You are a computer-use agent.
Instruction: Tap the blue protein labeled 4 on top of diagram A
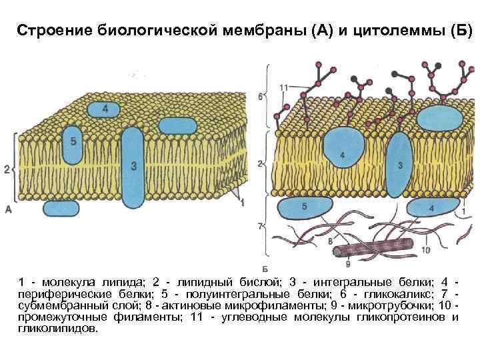106,109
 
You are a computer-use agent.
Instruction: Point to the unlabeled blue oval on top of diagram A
177,125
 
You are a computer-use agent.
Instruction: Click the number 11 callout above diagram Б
284,88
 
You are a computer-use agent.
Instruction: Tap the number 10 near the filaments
425,250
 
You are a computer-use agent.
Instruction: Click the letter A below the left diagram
9,209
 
